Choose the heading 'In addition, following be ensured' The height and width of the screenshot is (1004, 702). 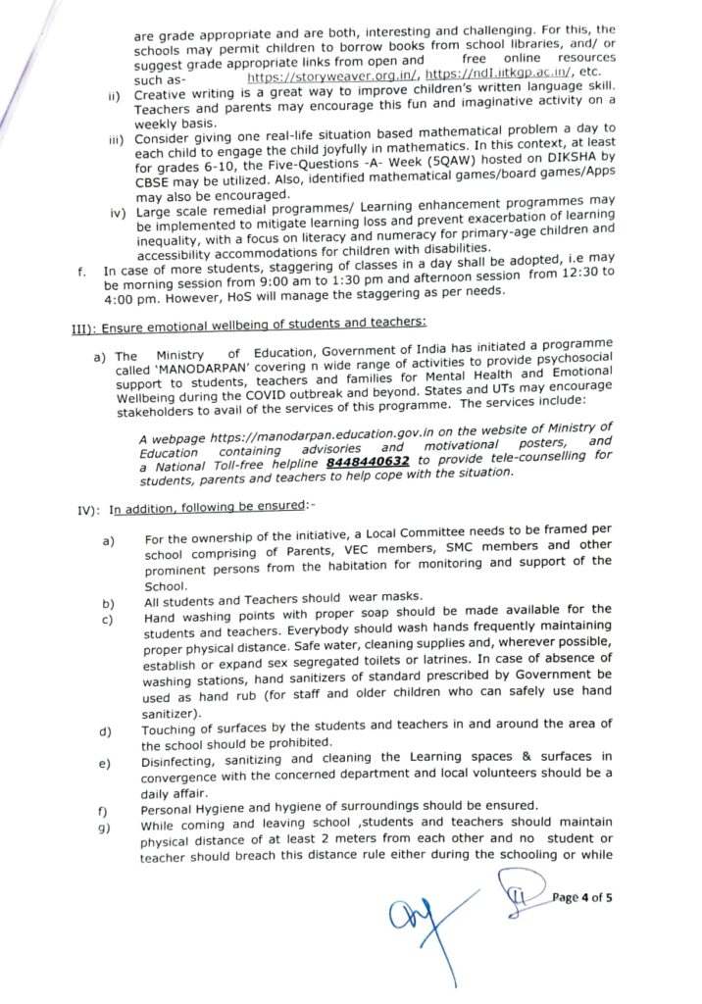tap(211, 509)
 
